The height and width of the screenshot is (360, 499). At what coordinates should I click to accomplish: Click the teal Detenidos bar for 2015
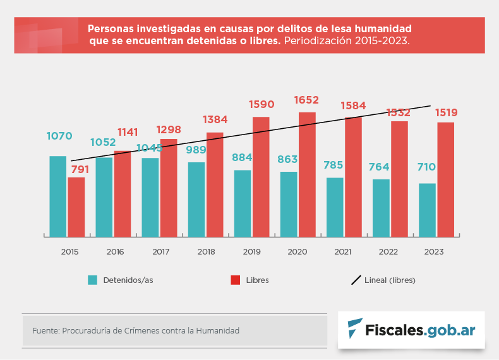coord(58,196)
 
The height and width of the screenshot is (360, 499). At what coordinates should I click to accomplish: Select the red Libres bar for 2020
coord(307,174)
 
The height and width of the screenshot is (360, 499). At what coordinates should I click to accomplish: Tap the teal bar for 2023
coord(427,210)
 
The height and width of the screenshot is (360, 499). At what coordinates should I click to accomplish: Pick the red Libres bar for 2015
coord(76,207)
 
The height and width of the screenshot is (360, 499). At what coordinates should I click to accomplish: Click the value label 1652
coord(306,100)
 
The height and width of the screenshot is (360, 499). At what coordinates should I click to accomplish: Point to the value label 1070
coord(59,136)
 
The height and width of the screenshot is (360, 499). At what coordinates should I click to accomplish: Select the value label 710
coord(428,167)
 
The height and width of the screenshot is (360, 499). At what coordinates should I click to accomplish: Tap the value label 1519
coord(446,112)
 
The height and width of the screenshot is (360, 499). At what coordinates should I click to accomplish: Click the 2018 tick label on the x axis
coord(206,252)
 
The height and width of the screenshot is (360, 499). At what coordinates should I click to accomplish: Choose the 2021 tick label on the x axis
coord(343,252)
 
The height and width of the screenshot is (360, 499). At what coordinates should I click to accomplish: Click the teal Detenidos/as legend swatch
coord(93,280)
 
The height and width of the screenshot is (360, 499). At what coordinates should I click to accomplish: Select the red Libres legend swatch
coord(235,280)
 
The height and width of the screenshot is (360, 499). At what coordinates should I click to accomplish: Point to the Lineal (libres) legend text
coord(390,280)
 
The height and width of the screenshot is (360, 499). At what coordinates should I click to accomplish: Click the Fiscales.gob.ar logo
coord(411,329)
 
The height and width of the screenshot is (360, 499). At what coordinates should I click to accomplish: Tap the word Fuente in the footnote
coord(45,330)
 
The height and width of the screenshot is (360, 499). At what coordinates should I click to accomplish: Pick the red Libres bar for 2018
coord(215,184)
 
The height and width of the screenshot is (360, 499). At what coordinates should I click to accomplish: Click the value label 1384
coord(215,119)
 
